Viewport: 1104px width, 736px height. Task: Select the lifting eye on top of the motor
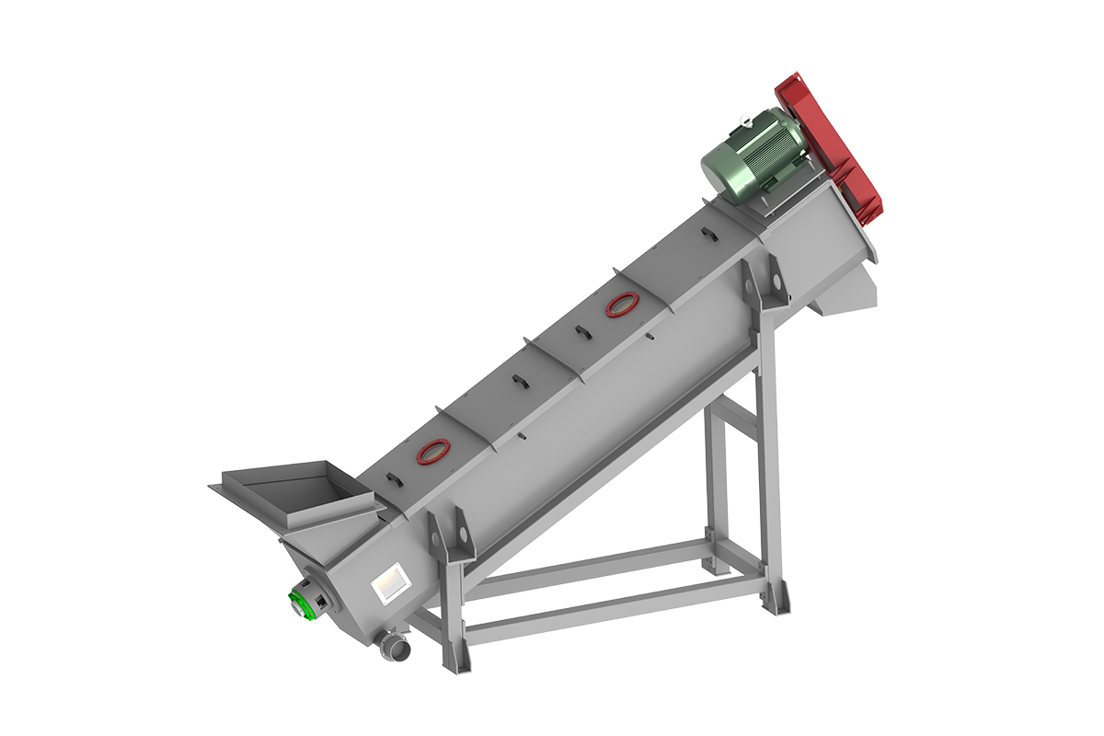744,118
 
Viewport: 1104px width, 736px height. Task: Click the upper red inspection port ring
622,305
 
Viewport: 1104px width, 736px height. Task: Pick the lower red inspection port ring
432,450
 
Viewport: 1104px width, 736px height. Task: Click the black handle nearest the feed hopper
393,477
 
